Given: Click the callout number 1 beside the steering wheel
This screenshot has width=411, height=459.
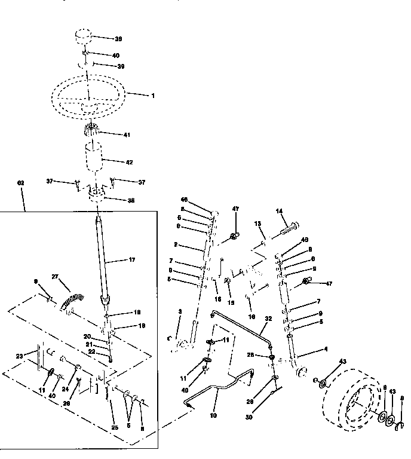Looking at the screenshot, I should [152, 96].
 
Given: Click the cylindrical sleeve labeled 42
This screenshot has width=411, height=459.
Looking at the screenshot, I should [93, 161].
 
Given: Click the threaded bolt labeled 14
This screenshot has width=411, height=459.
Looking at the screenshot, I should [289, 227].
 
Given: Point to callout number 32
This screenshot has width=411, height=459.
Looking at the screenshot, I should [269, 320].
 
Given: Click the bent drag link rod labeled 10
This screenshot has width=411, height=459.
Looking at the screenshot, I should [221, 391].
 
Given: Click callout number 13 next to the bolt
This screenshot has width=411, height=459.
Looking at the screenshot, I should [259, 224].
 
